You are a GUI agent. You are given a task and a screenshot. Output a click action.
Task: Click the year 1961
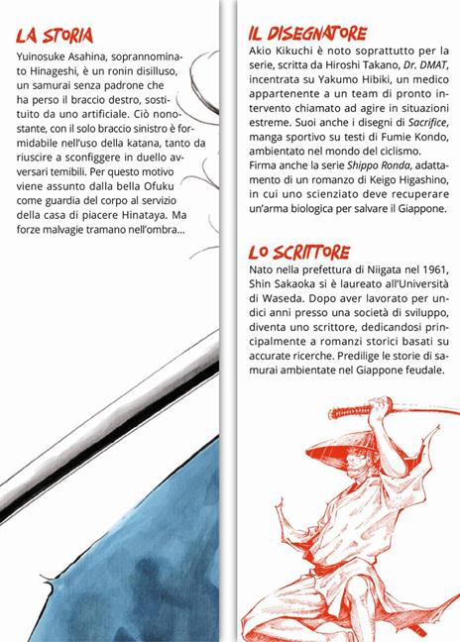tap(425, 273)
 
